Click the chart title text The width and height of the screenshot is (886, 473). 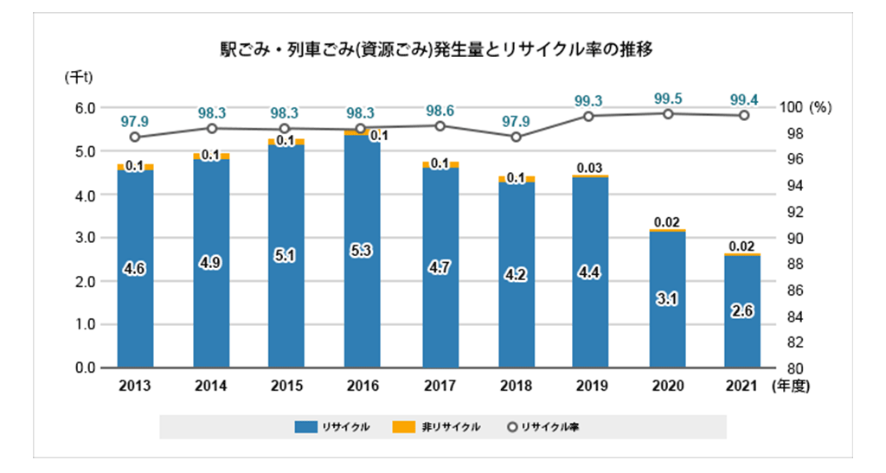pos(436,49)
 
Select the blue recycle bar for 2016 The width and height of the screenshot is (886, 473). pos(363,252)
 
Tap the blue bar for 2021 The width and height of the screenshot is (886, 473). pos(742,312)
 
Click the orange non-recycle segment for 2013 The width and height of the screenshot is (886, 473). pos(136,167)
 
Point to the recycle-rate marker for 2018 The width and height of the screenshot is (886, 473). pos(516,137)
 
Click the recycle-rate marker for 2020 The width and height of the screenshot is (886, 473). pos(668,114)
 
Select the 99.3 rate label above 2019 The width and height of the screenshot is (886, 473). pos(588,101)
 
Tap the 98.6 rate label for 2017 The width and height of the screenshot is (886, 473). pos(440,111)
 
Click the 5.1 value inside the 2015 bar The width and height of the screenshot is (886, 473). pos(285,256)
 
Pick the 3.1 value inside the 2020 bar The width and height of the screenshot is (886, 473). pos(667,299)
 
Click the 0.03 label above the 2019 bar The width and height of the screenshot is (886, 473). pos(589,169)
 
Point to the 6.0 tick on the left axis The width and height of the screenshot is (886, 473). pos(85,108)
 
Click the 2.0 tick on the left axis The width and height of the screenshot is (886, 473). pos(85,282)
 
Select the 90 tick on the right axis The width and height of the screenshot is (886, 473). pos(796,238)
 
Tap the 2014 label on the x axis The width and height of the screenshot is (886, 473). pos(211,386)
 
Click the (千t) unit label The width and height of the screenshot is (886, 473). pos(79,77)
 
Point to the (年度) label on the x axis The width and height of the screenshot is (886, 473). pos(791,386)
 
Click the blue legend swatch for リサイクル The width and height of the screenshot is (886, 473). pos(305,426)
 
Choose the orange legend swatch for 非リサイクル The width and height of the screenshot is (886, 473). pos(403,426)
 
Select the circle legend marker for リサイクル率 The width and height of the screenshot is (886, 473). pos(512,427)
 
